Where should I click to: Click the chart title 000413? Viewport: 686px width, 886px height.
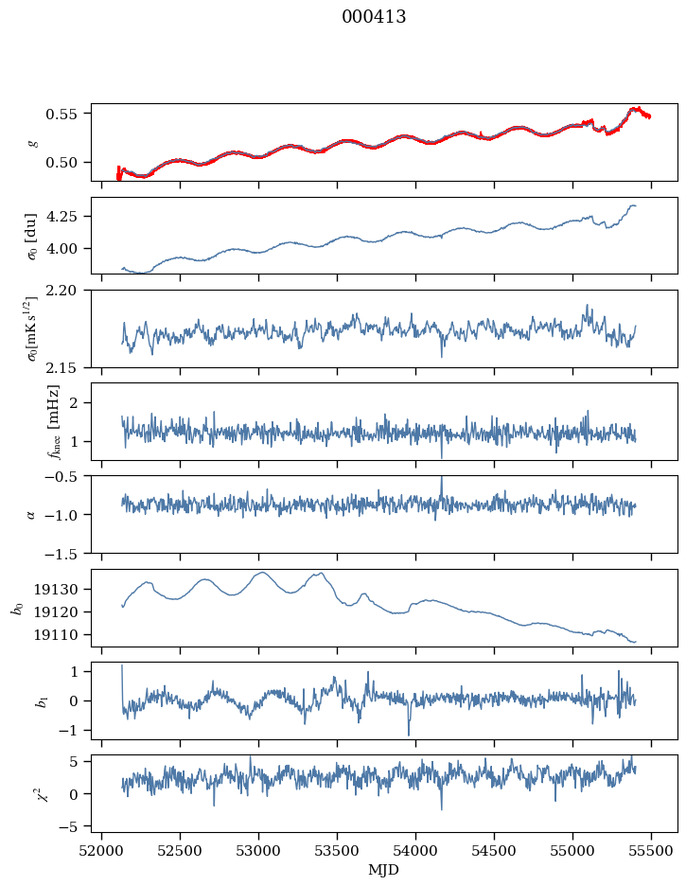click(374, 17)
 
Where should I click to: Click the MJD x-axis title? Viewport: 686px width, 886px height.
click(383, 870)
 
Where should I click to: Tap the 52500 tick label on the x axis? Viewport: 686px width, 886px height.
click(180, 851)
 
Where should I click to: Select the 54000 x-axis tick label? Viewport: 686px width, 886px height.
click(415, 851)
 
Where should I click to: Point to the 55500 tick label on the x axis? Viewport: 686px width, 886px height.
click(651, 851)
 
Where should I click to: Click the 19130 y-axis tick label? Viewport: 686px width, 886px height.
click(57, 590)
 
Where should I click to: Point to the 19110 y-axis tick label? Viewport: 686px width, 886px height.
click(57, 635)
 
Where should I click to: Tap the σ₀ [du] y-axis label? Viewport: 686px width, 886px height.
click(32, 236)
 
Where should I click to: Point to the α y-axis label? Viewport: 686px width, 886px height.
click(31, 514)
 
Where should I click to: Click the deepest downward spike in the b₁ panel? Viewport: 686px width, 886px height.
click(409, 735)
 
